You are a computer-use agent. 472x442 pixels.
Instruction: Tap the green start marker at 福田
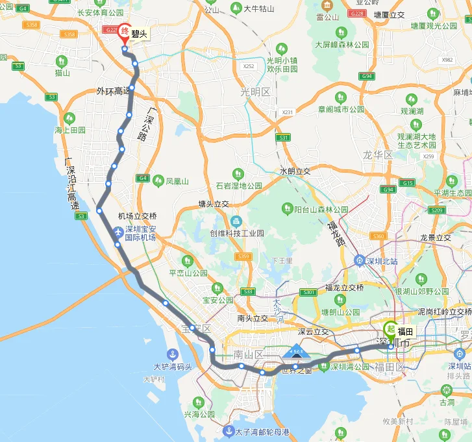(390, 329)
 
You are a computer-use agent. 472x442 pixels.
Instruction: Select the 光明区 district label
(255, 92)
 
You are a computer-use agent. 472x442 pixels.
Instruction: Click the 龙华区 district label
(378, 155)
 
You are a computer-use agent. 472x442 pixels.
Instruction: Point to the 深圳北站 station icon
(358, 261)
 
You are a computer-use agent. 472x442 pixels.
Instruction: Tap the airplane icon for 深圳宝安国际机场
(118, 232)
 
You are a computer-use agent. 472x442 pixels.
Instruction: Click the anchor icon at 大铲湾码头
(172, 354)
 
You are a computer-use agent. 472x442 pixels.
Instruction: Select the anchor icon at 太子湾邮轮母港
(229, 431)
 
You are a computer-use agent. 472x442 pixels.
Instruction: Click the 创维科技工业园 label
(237, 233)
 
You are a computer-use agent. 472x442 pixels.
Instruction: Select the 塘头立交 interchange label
(214, 204)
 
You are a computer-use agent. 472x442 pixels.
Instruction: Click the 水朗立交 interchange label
(295, 171)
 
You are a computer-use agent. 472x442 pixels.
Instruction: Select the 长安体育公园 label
(101, 12)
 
